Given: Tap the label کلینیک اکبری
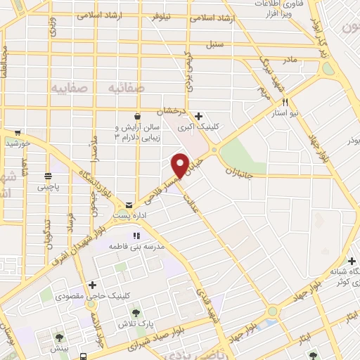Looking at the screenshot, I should tap(195, 128).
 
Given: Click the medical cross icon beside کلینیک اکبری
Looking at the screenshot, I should tap(199, 116).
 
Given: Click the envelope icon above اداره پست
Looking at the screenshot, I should tap(128, 204).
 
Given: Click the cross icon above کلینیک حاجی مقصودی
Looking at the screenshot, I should tap(92, 285).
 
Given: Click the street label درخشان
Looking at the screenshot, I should tap(169, 112).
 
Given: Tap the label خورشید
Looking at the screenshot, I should tap(15, 143).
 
